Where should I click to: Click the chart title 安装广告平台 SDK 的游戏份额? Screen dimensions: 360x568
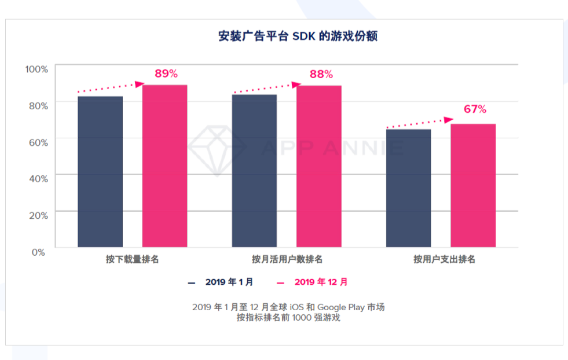(298, 36)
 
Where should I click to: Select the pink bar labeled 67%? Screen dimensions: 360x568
(473, 186)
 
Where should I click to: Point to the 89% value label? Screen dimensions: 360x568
(166, 74)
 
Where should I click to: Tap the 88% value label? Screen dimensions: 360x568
(321, 74)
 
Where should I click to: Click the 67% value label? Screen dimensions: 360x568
(475, 109)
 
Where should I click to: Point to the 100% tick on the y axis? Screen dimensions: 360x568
(36, 69)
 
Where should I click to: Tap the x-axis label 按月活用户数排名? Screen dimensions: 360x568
(287, 259)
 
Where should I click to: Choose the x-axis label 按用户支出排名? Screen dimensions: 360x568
(444, 259)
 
